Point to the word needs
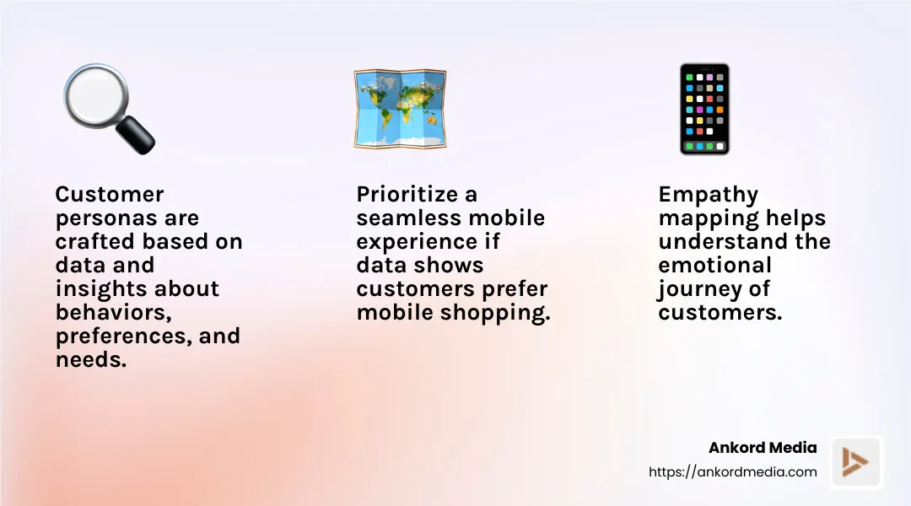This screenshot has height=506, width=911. (89, 360)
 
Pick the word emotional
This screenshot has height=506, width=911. (714, 266)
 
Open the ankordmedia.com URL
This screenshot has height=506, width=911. (733, 472)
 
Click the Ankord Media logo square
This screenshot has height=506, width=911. (856, 462)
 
